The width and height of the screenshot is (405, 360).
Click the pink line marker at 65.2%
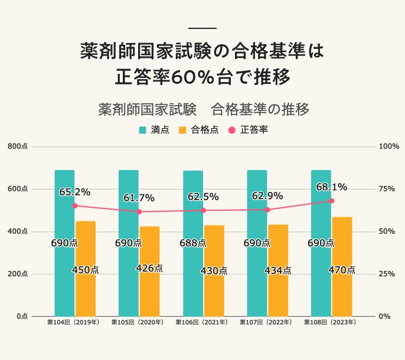[75, 206]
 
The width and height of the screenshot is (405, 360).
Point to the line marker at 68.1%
[332, 201]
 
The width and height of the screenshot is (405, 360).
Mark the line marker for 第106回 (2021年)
[203, 210]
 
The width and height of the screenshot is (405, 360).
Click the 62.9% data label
[267, 196]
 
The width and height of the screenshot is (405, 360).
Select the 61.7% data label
[139, 198]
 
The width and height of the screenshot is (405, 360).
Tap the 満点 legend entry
[154, 130]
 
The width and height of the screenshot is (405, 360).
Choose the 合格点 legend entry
[198, 130]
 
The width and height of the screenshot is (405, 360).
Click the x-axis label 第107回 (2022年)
[267, 323]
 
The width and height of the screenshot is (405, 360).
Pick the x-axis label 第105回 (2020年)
[138, 323]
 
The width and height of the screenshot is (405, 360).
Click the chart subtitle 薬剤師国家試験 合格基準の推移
[203, 110]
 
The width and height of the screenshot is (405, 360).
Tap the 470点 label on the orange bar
[342, 270]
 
